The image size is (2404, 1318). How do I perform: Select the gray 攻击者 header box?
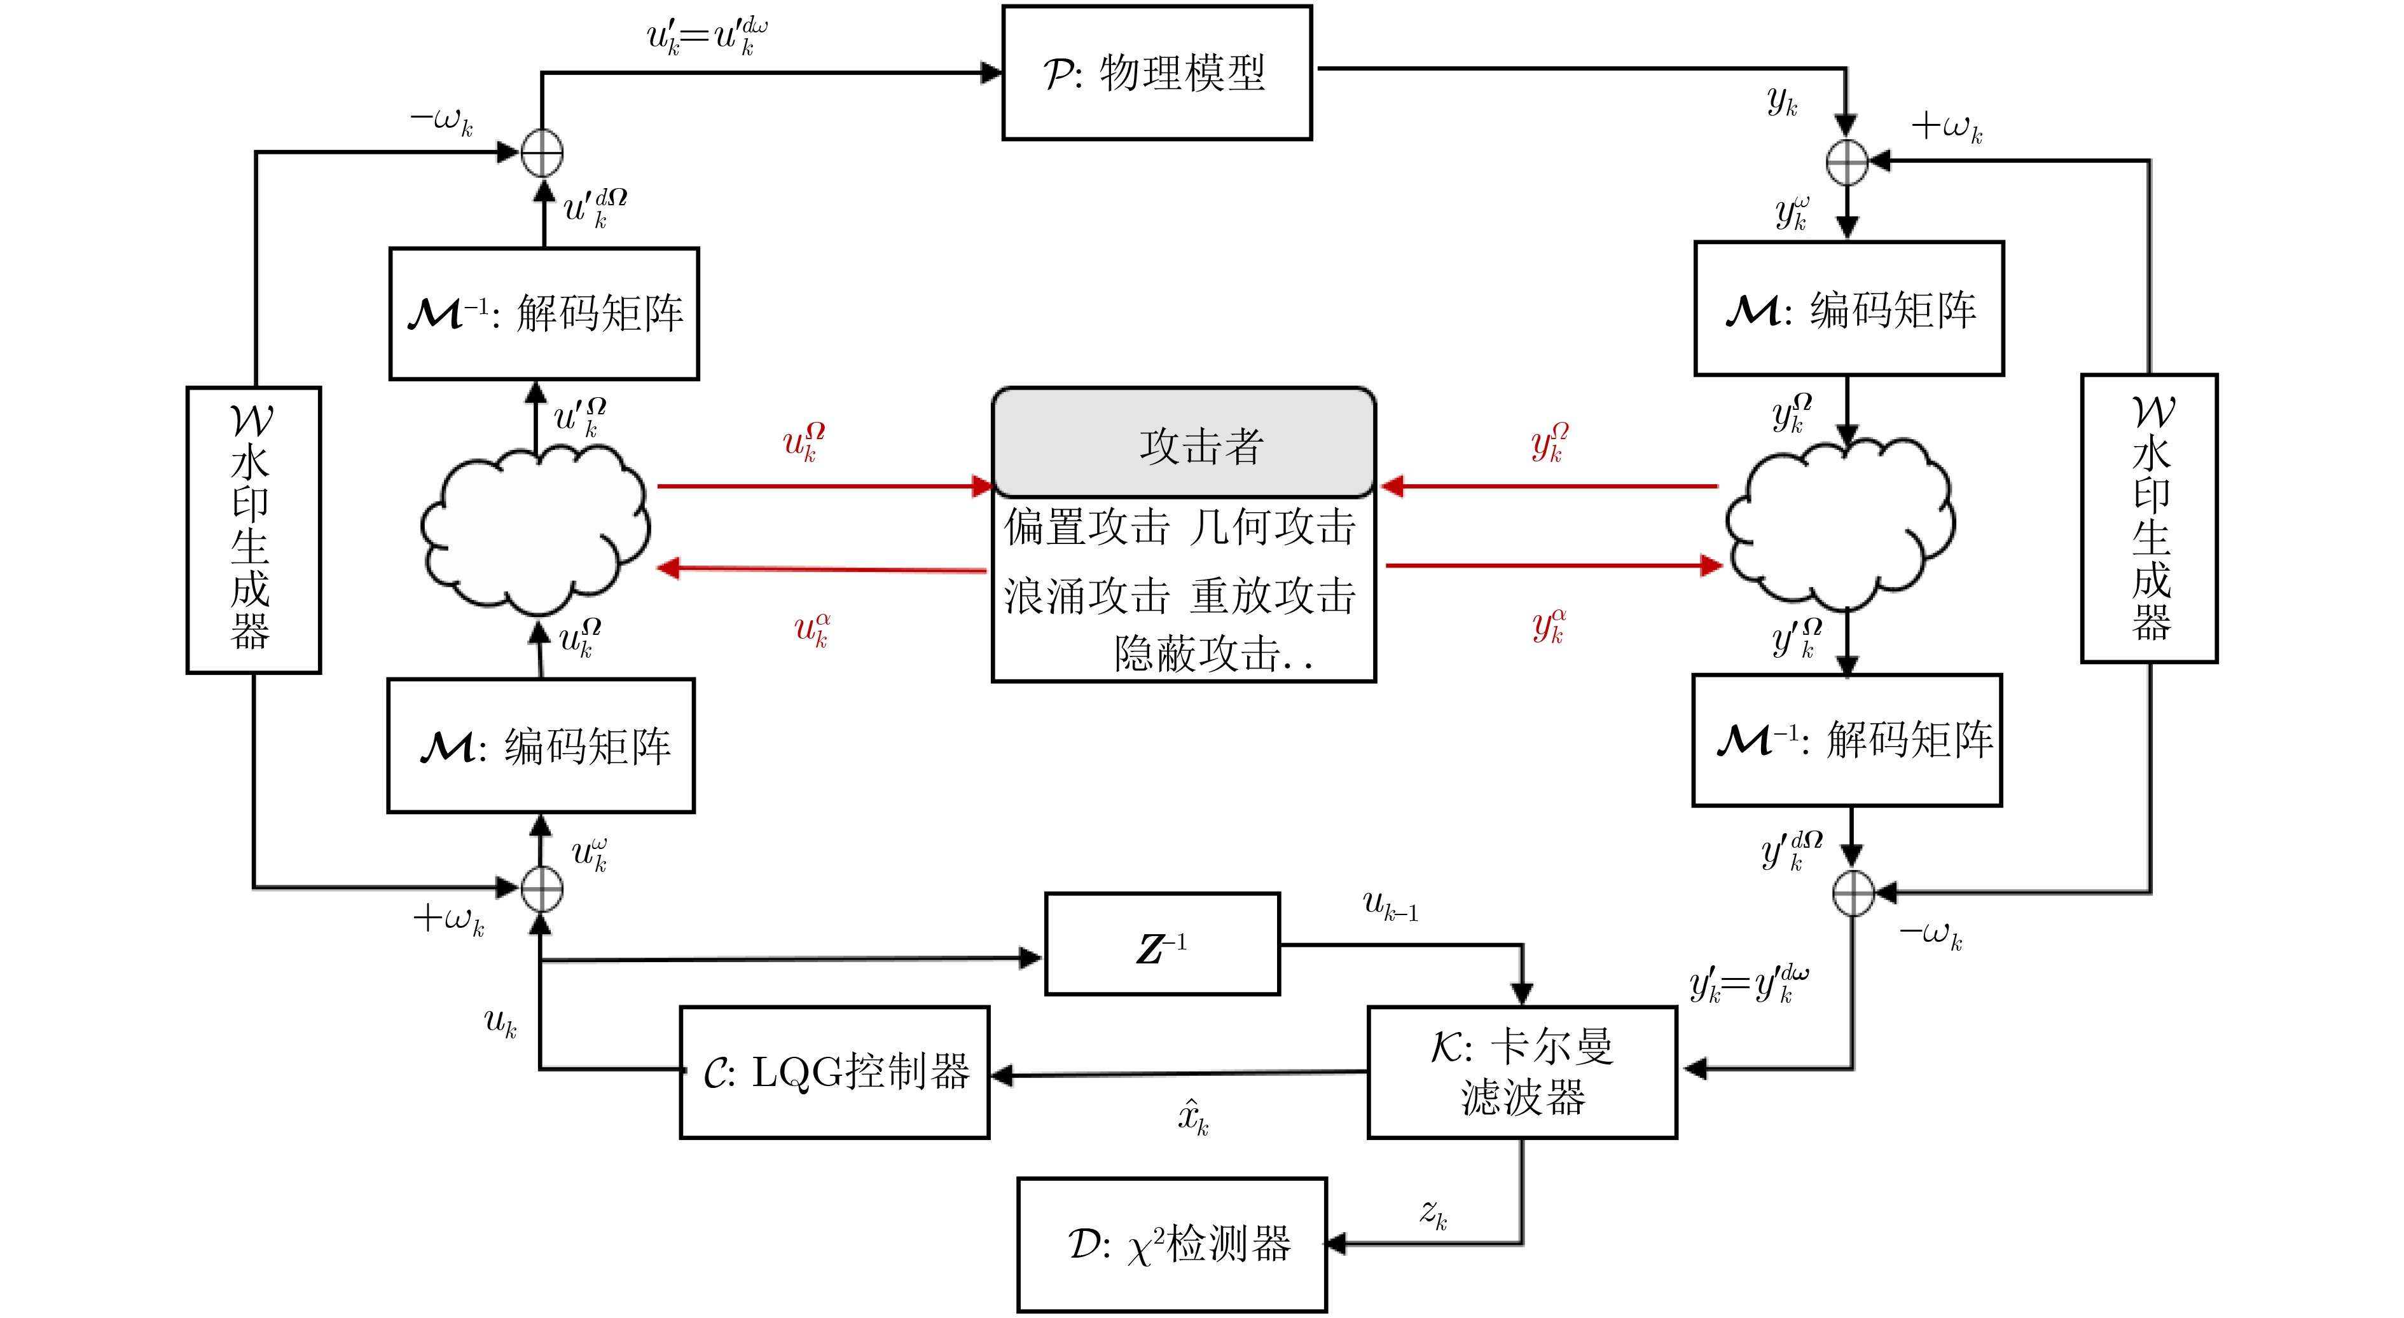tap(1184, 443)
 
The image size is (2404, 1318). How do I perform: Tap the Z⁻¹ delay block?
tap(1162, 944)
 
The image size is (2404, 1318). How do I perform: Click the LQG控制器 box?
tap(834, 1072)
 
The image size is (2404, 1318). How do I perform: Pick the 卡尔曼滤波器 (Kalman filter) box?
tap(1521, 1072)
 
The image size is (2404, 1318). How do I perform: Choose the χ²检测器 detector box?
tap(1172, 1244)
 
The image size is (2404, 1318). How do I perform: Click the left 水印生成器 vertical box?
tap(253, 530)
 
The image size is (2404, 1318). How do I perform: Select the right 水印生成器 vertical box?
tap(2149, 519)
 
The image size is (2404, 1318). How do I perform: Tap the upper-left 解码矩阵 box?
tap(544, 313)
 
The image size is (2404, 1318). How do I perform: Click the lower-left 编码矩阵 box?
tap(541, 746)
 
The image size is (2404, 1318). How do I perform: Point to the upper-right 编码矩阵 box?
tap(1849, 309)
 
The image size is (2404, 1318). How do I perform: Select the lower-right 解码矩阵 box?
tap(1847, 740)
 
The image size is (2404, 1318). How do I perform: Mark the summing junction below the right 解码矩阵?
tap(1853, 893)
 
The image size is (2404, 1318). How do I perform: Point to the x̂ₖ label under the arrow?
tap(1192, 1117)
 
